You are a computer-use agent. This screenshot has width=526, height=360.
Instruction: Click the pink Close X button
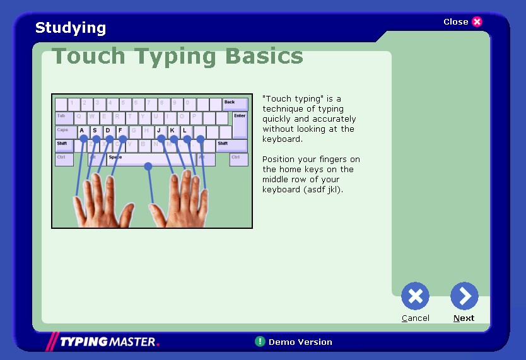pos(477,22)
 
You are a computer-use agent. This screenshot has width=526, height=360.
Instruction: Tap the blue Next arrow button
pos(464,296)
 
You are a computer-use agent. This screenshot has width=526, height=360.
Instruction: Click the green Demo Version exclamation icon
pos(260,342)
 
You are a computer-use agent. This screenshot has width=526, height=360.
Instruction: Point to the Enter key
pos(240,124)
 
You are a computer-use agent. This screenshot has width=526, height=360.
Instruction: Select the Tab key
pos(64,118)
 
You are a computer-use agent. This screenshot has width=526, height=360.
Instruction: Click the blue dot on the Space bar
pos(148,166)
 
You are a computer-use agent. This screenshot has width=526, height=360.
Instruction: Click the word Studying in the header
pos(71,28)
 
